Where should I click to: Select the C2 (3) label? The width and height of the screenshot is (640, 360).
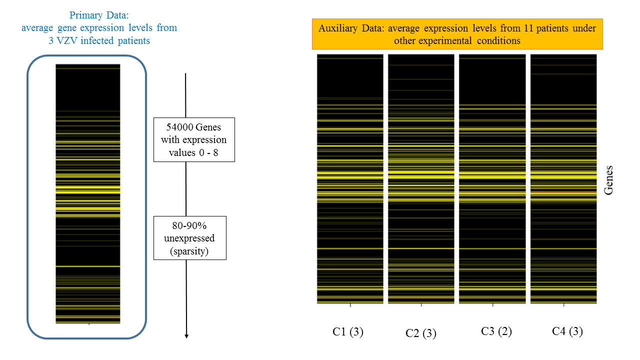[x=421, y=333]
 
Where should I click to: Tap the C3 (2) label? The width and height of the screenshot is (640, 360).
[x=496, y=331]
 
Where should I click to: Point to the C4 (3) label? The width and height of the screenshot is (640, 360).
[x=567, y=331]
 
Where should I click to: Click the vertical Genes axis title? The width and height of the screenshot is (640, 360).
[x=608, y=180]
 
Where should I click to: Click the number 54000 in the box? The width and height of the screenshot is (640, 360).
[x=174, y=127]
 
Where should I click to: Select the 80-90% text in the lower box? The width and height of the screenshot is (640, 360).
[x=189, y=225]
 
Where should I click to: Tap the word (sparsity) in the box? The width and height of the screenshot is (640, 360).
[x=189, y=251]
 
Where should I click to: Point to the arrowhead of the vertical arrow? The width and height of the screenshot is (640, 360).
[x=186, y=335]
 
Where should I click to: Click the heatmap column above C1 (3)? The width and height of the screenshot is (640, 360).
[x=350, y=178]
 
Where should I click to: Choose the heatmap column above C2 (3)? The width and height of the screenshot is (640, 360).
[x=421, y=178]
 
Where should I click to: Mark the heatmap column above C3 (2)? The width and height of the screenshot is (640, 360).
[x=492, y=178]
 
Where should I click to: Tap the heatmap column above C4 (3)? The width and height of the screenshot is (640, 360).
[x=564, y=178]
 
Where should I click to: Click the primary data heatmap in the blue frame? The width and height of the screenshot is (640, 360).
[x=88, y=194]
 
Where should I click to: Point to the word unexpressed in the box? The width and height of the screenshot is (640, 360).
[x=189, y=238]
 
